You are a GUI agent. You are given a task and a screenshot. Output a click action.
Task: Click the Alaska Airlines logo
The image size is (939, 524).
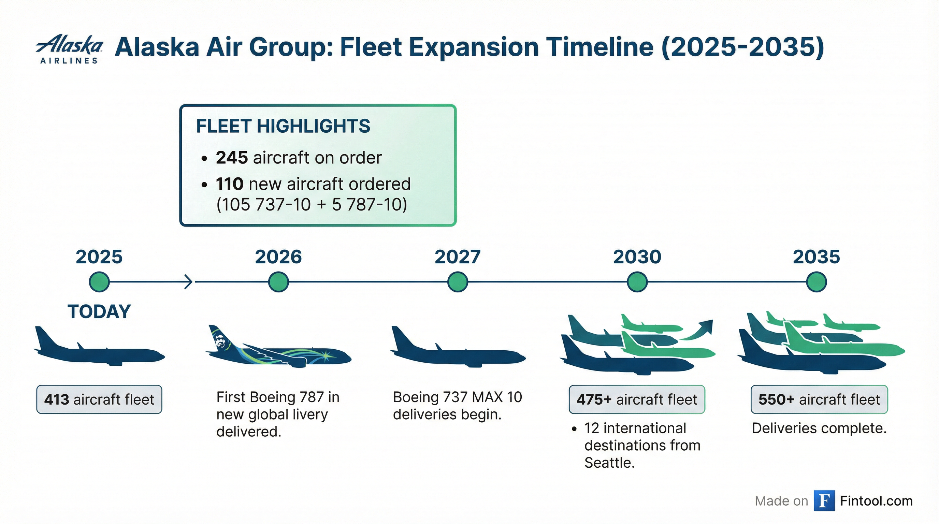[69, 48]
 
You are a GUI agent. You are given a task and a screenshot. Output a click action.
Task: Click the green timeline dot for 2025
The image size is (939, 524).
[99, 282]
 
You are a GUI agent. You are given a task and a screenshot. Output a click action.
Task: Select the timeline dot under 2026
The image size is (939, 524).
[278, 282]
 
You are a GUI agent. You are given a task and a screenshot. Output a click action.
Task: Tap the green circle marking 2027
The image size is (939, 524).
[458, 282]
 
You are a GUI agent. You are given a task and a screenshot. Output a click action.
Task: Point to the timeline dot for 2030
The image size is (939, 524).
[637, 282]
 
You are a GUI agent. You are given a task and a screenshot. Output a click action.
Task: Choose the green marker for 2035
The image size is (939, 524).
[817, 282]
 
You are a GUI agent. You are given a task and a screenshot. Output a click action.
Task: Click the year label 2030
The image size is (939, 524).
[637, 257]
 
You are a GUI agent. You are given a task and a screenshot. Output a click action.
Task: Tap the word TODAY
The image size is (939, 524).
[99, 311]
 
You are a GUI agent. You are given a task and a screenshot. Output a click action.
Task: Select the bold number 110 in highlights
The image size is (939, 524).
[230, 184]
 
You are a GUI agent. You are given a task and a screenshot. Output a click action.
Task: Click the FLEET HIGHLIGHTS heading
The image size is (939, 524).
[283, 126]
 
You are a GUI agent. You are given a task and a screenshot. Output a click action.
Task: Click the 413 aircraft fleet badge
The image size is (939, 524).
[99, 399]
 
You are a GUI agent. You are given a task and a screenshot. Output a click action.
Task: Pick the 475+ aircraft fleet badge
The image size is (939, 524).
[637, 399]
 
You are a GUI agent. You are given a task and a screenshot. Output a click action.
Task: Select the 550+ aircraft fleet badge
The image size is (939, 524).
[819, 399]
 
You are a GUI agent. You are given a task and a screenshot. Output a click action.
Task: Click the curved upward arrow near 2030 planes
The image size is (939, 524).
[698, 330]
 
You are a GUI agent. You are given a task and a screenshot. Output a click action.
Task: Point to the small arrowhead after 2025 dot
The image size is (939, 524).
[188, 282]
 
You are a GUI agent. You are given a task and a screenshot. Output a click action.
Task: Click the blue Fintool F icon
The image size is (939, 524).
[824, 501]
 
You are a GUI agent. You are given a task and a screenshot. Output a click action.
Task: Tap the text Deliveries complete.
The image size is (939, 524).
[819, 428]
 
